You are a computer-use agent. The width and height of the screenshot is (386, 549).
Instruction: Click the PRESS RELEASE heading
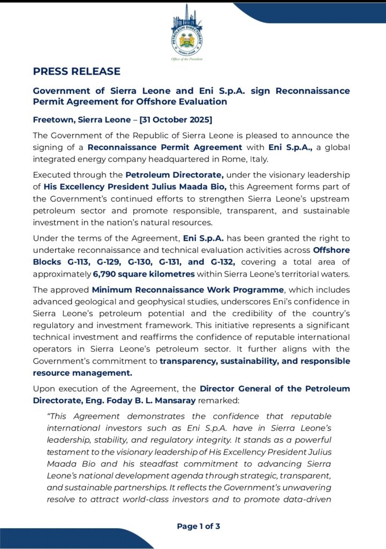[77, 71]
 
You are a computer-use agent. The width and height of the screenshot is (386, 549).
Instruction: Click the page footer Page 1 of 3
[198, 526]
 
